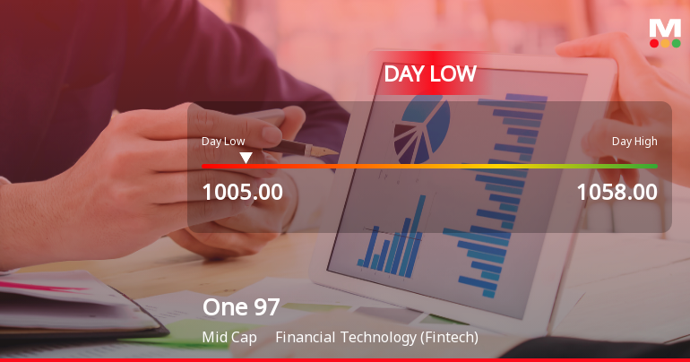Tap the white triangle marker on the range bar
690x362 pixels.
point(246,158)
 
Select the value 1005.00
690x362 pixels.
point(242,192)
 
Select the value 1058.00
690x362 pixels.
point(617,192)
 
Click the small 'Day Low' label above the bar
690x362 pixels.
point(223,141)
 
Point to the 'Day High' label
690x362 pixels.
point(634,141)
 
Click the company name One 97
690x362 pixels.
point(241,307)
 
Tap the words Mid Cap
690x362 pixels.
point(229,338)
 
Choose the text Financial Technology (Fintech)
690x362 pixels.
point(376,338)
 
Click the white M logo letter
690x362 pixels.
point(665,27)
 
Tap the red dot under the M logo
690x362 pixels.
point(654,42)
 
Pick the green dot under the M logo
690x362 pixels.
point(676,42)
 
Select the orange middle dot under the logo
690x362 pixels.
point(665,42)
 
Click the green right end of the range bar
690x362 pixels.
point(651,166)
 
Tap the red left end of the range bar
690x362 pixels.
point(208,166)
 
